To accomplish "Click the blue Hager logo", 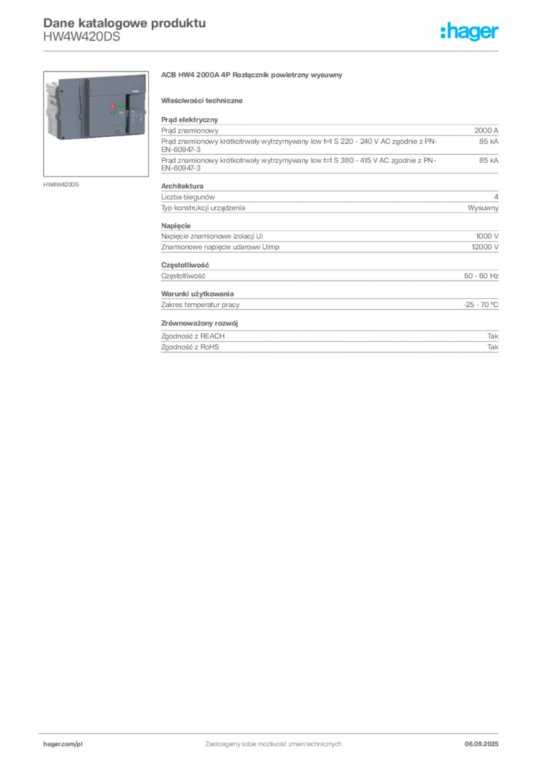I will (470, 33).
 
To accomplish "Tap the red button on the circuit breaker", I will (113, 105).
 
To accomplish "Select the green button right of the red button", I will (122, 105).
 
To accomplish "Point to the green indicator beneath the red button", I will (113, 113).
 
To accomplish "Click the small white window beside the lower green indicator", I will (121, 113).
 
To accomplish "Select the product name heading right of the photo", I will (252, 76).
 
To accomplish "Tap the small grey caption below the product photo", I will (62, 184).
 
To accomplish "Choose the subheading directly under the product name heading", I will (205, 99).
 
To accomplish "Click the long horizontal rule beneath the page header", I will (273, 50).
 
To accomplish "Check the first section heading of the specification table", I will (190, 117).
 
